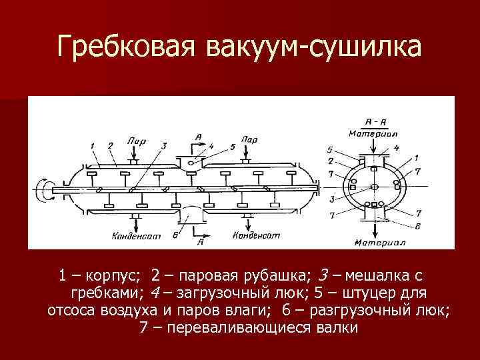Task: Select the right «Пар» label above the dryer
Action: click(x=249, y=141)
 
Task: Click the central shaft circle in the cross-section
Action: click(x=375, y=187)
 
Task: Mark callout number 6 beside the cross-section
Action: click(x=417, y=227)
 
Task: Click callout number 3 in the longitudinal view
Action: click(x=163, y=146)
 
